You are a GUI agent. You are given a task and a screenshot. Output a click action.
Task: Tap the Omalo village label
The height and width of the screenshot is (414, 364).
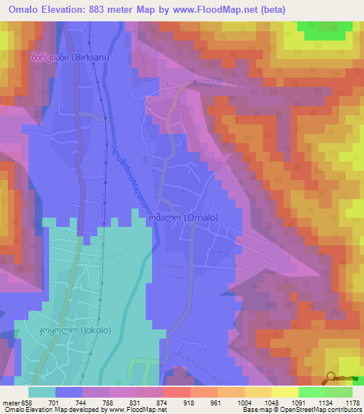(x=190, y=218)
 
